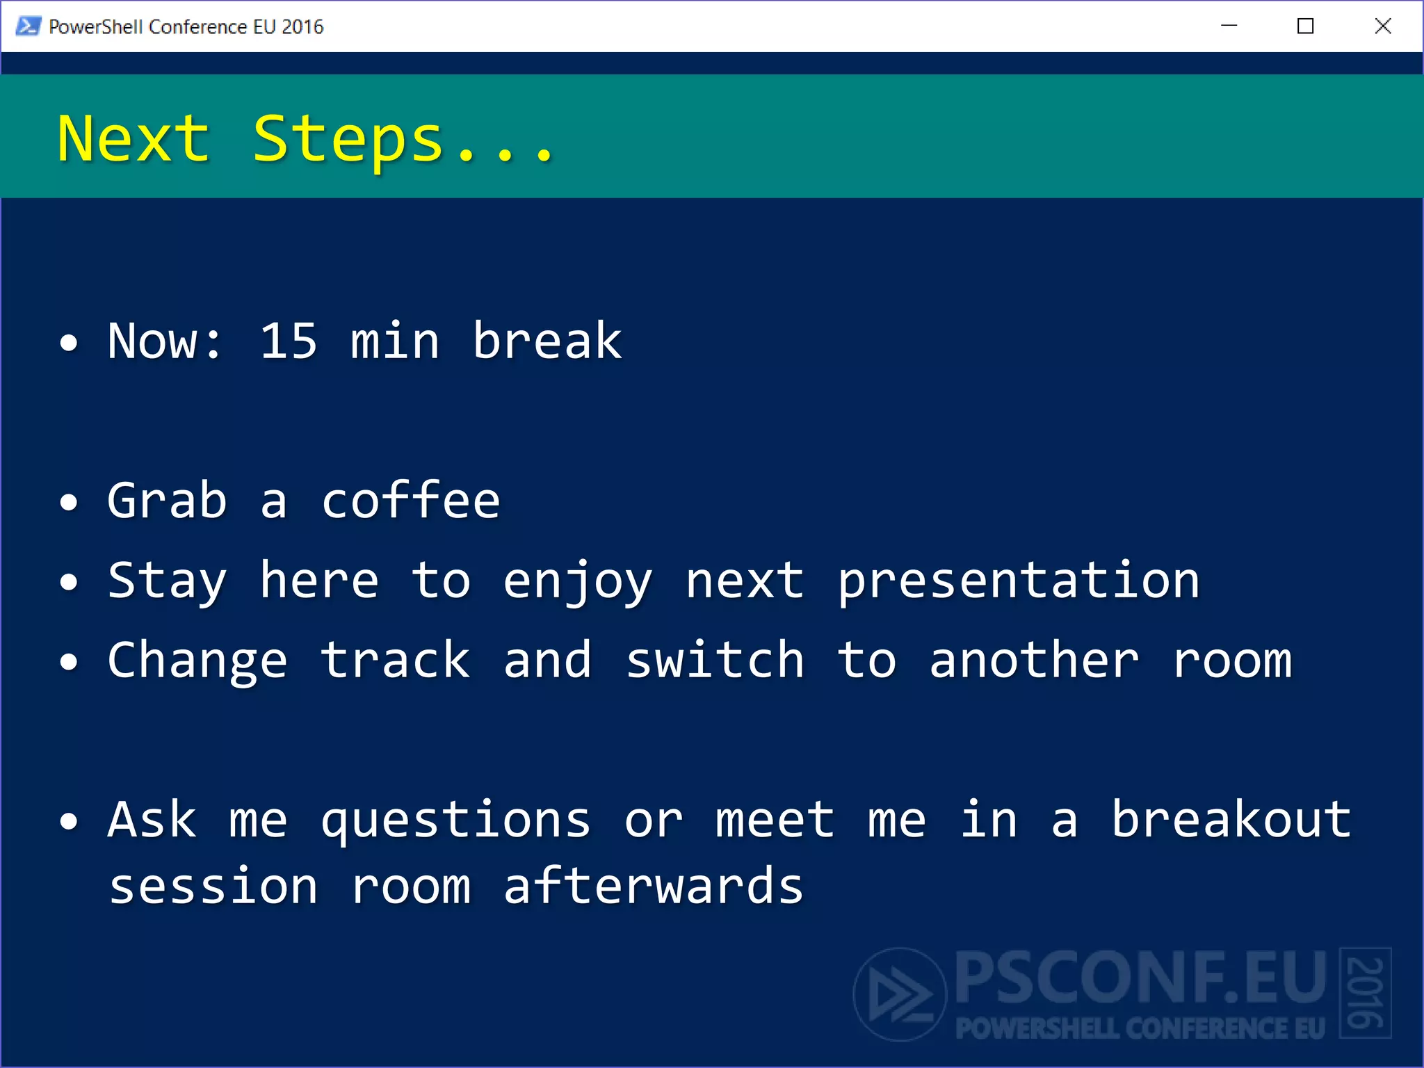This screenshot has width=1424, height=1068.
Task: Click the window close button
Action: (x=1382, y=26)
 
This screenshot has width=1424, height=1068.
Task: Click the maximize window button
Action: (x=1305, y=26)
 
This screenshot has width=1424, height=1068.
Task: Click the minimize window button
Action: (x=1229, y=26)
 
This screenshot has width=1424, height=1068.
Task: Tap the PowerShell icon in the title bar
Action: (x=28, y=26)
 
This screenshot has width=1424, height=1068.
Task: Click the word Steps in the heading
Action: (x=348, y=139)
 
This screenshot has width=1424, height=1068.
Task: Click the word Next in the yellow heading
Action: (x=133, y=139)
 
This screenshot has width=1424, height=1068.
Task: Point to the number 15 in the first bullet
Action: (x=288, y=341)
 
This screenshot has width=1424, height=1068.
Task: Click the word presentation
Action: (x=1019, y=581)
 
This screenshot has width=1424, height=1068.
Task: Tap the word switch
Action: (x=715, y=661)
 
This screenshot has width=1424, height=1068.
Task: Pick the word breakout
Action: (x=1231, y=820)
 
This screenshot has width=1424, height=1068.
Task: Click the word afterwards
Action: (x=653, y=887)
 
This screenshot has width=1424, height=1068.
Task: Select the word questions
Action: (x=455, y=821)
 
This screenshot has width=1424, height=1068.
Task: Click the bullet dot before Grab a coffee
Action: (x=69, y=502)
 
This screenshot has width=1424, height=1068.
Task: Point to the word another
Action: (x=1034, y=661)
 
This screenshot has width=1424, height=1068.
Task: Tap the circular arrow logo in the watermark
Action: (x=900, y=994)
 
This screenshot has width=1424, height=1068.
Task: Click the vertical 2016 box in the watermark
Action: (x=1365, y=993)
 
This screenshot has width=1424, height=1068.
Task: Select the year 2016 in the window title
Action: (x=302, y=26)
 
